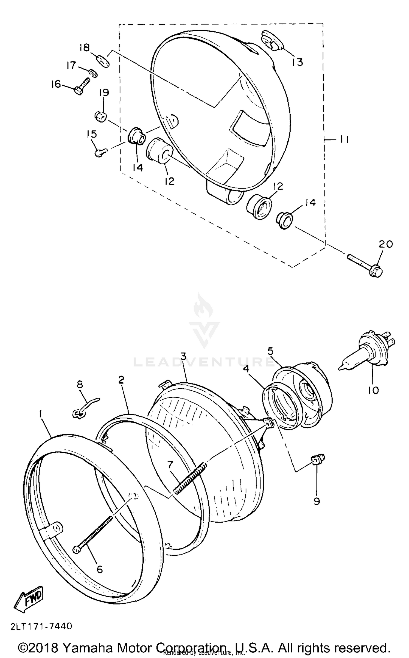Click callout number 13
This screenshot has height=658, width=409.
point(297,62)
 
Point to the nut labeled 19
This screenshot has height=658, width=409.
point(101,117)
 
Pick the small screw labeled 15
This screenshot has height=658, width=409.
point(100,153)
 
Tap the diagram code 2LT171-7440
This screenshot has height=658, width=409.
point(41,624)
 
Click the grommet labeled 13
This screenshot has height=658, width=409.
point(272,40)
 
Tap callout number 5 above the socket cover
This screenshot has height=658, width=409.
point(270,351)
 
